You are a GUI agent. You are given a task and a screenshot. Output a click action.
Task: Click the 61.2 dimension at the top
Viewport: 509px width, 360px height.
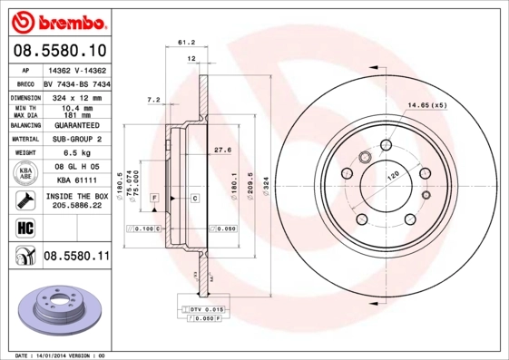tap(186, 42)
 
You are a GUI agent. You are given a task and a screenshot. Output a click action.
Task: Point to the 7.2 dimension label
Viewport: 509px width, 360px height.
tap(153, 99)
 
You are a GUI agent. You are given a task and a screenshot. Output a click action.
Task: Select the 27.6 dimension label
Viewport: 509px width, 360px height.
tap(220, 149)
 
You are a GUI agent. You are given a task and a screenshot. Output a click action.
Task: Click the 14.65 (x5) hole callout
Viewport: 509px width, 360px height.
tap(426, 106)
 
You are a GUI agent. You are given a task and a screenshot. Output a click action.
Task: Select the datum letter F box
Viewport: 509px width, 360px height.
tap(154, 197)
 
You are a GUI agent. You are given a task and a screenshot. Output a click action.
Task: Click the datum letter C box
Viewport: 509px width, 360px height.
tap(195, 197)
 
